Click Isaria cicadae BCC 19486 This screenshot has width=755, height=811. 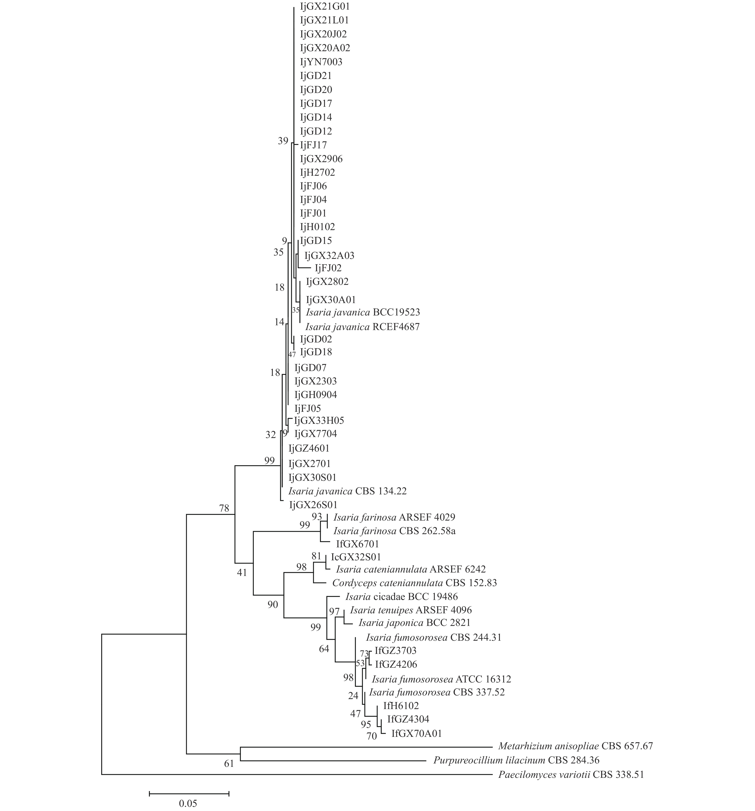point(401,597)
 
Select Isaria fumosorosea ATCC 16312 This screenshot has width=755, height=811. point(441,679)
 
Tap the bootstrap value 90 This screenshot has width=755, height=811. point(273,605)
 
